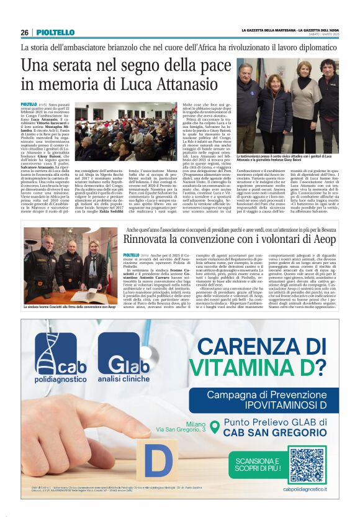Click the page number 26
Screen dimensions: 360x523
point(25,32)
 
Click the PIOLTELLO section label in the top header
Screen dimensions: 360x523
point(55,32)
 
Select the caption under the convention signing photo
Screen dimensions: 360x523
point(70,307)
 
